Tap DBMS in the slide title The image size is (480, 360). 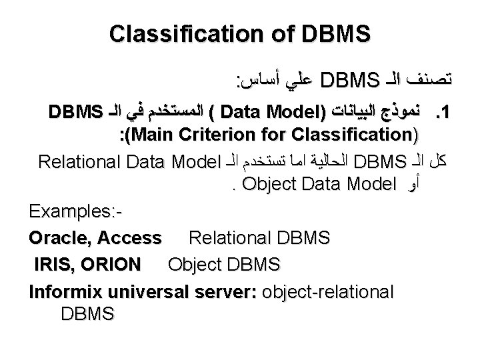pos(334,33)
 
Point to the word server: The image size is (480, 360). pos(223,291)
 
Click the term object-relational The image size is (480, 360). pos(329,291)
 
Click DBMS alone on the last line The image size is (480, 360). pos(87,312)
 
